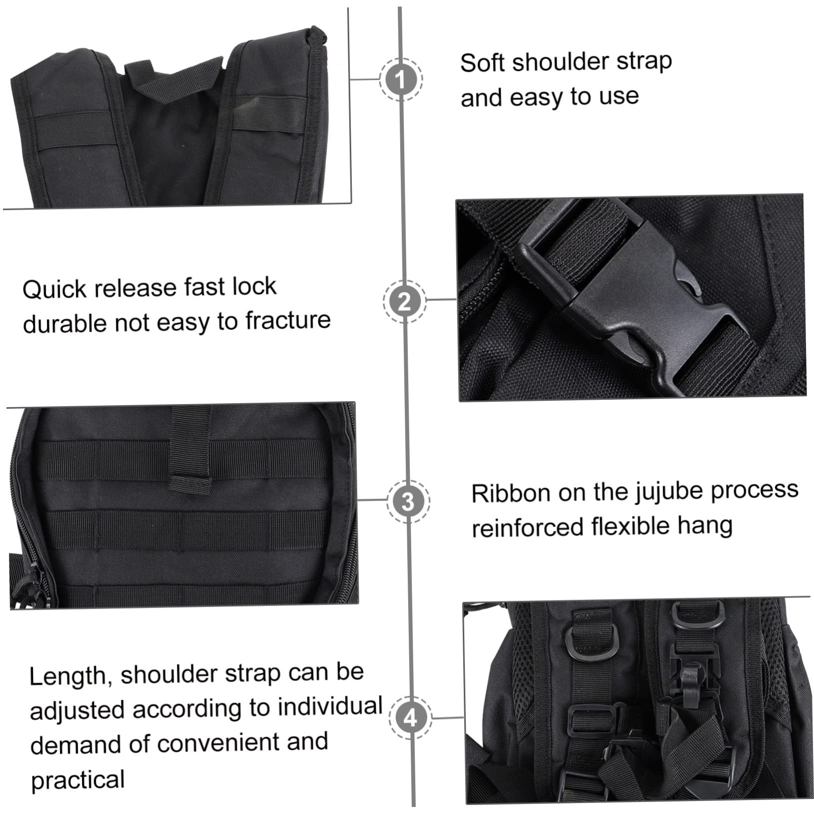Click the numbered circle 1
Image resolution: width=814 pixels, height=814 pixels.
coord(401,78)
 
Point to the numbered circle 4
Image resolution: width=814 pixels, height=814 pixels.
coord(410,718)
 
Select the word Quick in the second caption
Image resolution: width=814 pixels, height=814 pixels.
coord(54,289)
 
